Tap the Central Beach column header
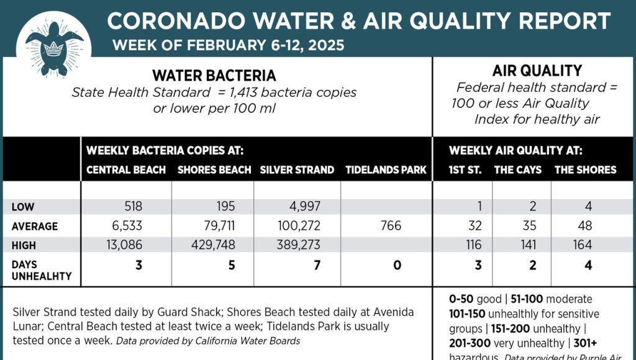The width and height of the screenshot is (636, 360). click(x=126, y=169)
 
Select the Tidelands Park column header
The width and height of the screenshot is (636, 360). click(x=386, y=169)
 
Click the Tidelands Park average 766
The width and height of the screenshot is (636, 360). click(x=391, y=226)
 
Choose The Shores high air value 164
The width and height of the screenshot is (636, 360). click(x=582, y=245)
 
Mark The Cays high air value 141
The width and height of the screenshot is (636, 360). click(x=528, y=245)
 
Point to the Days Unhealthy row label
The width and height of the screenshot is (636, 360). click(x=42, y=270)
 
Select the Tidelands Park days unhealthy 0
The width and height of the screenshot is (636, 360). click(x=397, y=266)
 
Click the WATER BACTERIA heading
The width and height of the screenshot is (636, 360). click(x=214, y=76)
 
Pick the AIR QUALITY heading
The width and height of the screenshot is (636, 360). click(x=537, y=71)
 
